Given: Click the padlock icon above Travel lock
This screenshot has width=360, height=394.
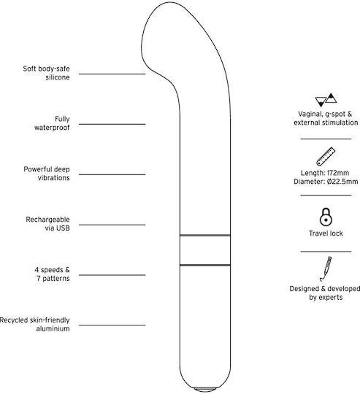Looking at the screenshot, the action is pyautogui.click(x=326, y=217).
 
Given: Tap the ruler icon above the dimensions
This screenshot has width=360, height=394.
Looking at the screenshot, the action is pyautogui.click(x=326, y=156).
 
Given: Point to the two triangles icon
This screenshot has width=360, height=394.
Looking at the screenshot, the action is pyautogui.click(x=326, y=100).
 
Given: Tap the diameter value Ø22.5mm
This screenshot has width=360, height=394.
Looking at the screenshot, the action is pyautogui.click(x=342, y=182).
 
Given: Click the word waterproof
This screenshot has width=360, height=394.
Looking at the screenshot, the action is pyautogui.click(x=52, y=128).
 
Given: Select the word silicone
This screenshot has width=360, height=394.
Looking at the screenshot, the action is pyautogui.click(x=58, y=77).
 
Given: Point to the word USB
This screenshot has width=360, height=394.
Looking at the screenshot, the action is pyautogui.click(x=63, y=228).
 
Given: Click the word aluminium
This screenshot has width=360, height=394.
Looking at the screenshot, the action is pyautogui.click(x=53, y=328).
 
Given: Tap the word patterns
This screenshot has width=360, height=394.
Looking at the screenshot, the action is pyautogui.click(x=56, y=279).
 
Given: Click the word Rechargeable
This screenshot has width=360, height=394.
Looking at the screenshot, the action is pyautogui.click(x=47, y=220).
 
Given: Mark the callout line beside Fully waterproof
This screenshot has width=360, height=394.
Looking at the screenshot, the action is pyautogui.click(x=112, y=124).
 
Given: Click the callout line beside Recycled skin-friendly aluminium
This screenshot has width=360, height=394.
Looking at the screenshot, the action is pyautogui.click(x=112, y=325).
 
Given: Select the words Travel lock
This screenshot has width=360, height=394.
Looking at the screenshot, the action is pyautogui.click(x=326, y=233).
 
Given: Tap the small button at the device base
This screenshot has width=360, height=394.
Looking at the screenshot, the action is pyautogui.click(x=205, y=389).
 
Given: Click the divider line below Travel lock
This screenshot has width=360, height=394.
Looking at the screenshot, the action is pyautogui.click(x=326, y=251).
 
